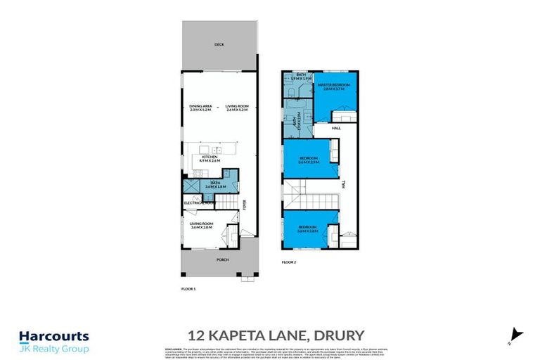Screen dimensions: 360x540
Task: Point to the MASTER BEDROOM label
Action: [x=337, y=85]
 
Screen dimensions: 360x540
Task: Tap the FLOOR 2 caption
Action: [x=289, y=262]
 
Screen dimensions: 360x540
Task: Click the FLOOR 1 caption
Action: [x=188, y=289]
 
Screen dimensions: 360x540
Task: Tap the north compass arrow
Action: [x=517, y=335]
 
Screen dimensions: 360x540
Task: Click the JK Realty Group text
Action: [x=53, y=349]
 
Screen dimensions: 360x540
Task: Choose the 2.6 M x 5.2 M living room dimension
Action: [x=238, y=110]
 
